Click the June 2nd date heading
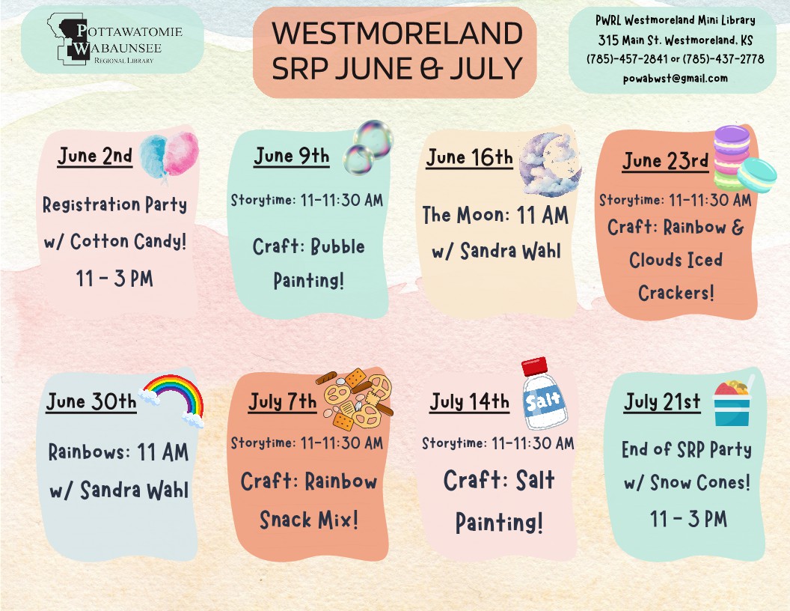coord(95,156)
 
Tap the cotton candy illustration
coord(169,154)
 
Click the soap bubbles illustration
coord(368,147)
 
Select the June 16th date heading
coord(469,157)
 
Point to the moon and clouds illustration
coord(550,165)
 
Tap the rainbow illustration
coord(173,400)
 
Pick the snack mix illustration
coord(355,399)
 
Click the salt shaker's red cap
coord(534,366)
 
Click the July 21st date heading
coord(662,402)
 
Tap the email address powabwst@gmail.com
coord(675,78)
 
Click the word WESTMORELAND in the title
coord(397,33)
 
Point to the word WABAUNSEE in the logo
coord(118,48)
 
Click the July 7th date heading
coord(283,402)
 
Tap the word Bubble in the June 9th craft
coord(337,246)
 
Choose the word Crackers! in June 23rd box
coord(676,292)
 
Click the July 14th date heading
coord(470,402)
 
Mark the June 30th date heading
coord(91,402)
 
